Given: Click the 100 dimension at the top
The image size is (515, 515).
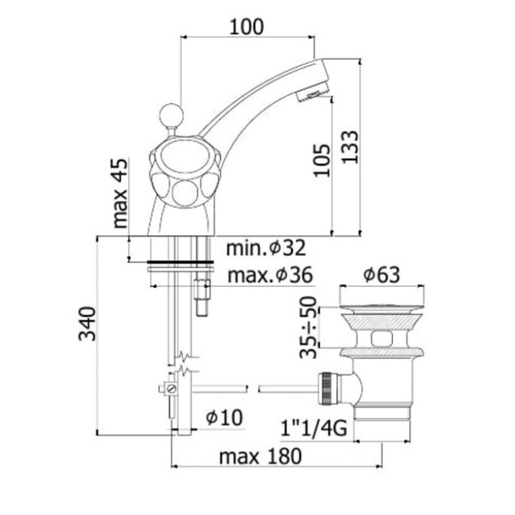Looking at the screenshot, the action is pyautogui.click(x=246, y=26).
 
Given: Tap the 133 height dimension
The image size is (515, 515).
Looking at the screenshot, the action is pyautogui.click(x=349, y=146).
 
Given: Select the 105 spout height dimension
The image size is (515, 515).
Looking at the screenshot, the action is pyautogui.click(x=322, y=160).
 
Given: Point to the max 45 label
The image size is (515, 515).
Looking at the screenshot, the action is pyautogui.click(x=119, y=193).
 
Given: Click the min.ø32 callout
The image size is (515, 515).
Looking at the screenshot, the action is pyautogui.click(x=266, y=248).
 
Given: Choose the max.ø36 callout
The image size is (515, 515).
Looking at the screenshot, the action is pyautogui.click(x=270, y=275).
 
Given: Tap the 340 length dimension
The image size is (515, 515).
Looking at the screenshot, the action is pyautogui.click(x=88, y=324).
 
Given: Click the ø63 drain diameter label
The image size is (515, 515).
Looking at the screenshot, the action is pyautogui.click(x=382, y=274).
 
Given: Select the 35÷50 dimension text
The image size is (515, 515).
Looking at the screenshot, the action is pyautogui.click(x=308, y=327).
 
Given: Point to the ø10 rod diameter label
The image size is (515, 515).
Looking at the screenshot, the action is pyautogui.click(x=224, y=418).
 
